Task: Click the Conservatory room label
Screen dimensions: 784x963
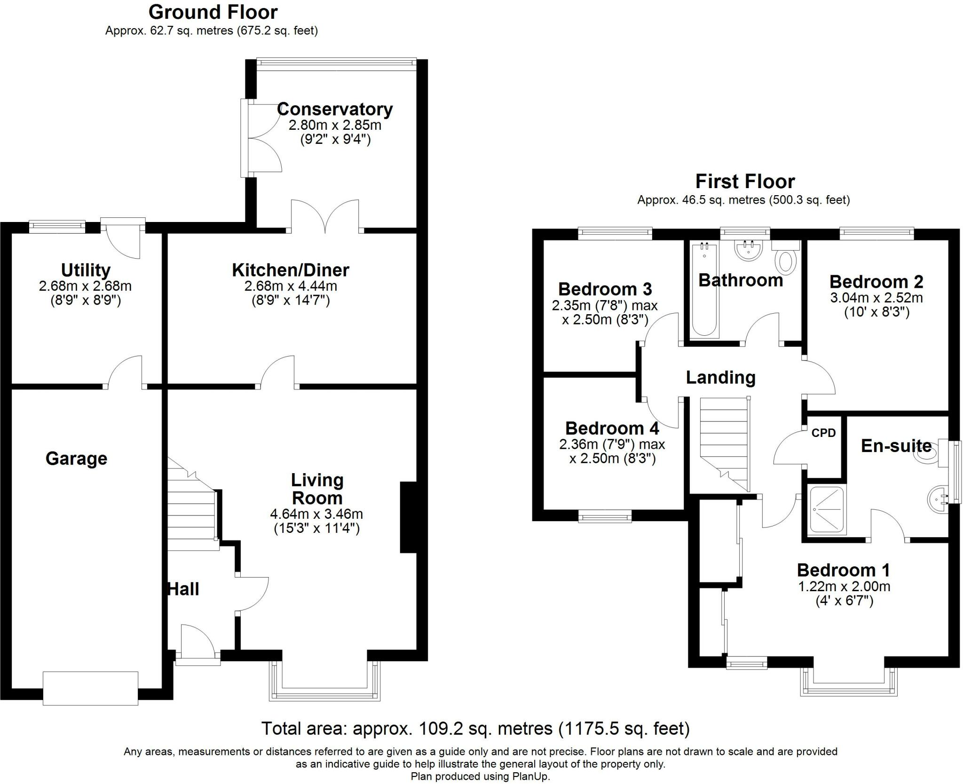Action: click(335, 109)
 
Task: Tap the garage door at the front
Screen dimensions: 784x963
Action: click(90, 688)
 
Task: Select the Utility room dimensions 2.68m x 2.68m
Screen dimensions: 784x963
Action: click(85, 286)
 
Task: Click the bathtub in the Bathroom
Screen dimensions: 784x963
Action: click(704, 289)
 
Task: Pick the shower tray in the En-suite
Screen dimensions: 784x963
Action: click(826, 510)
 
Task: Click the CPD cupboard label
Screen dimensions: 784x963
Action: click(823, 433)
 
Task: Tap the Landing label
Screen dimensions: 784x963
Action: click(720, 377)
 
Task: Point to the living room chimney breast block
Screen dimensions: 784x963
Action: click(408, 516)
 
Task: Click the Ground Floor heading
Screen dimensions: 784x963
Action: click(213, 12)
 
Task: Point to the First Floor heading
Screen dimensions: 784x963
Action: click(745, 181)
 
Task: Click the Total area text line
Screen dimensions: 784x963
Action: click(475, 728)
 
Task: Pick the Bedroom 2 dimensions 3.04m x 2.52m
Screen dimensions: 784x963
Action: click(876, 298)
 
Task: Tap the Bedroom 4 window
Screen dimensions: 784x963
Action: click(605, 517)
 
